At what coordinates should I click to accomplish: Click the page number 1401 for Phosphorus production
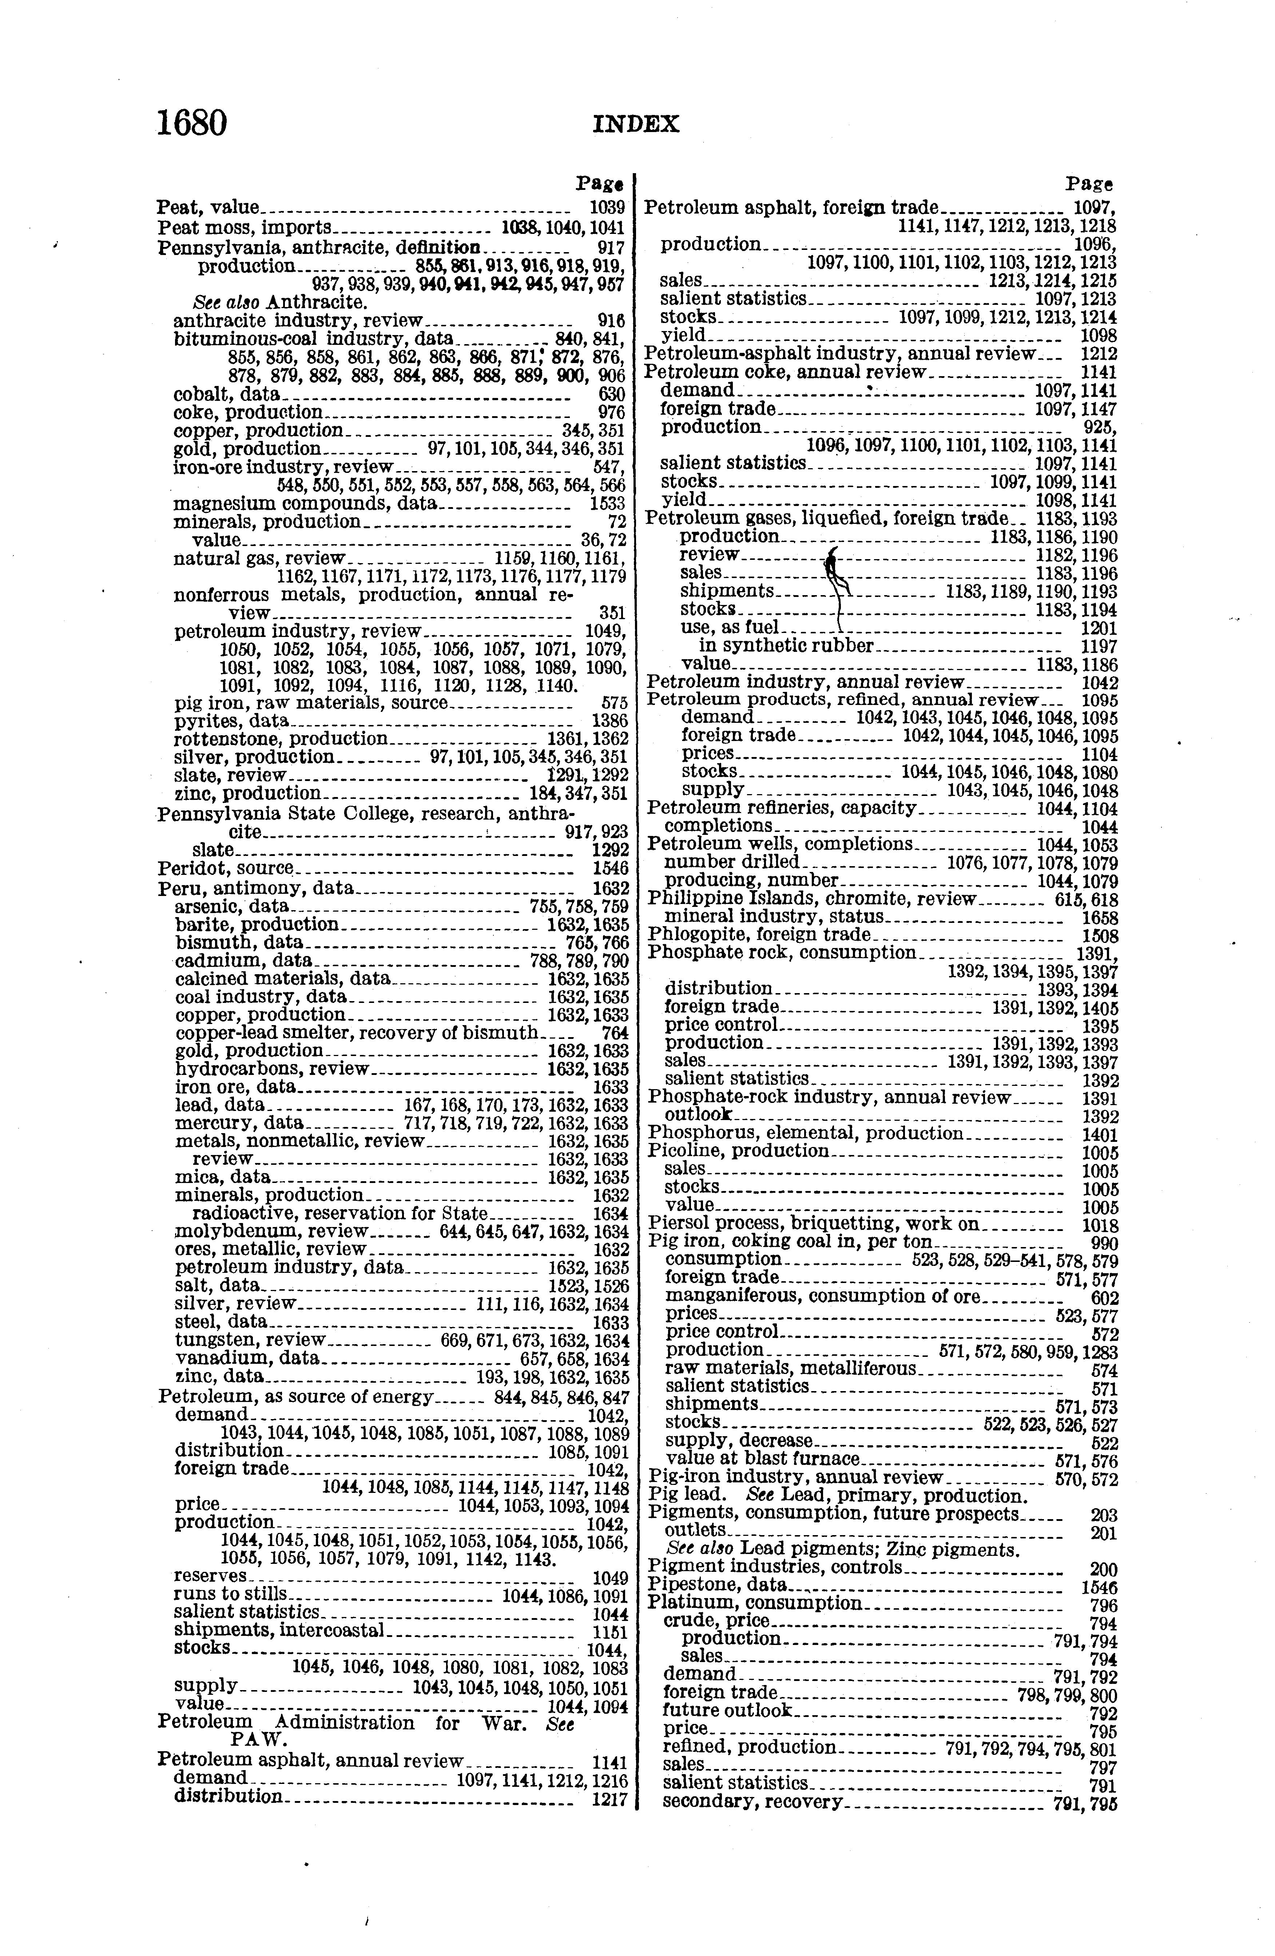tap(1100, 1135)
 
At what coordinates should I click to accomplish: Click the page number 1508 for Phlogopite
tap(1100, 936)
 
